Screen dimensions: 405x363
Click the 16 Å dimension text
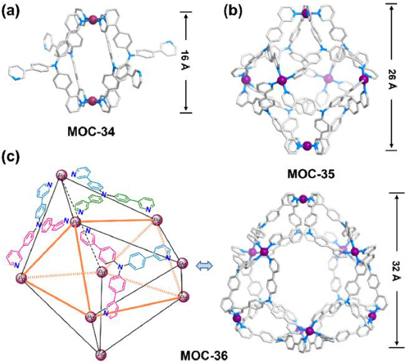(183, 62)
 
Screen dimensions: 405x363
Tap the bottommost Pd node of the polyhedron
(100, 354)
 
